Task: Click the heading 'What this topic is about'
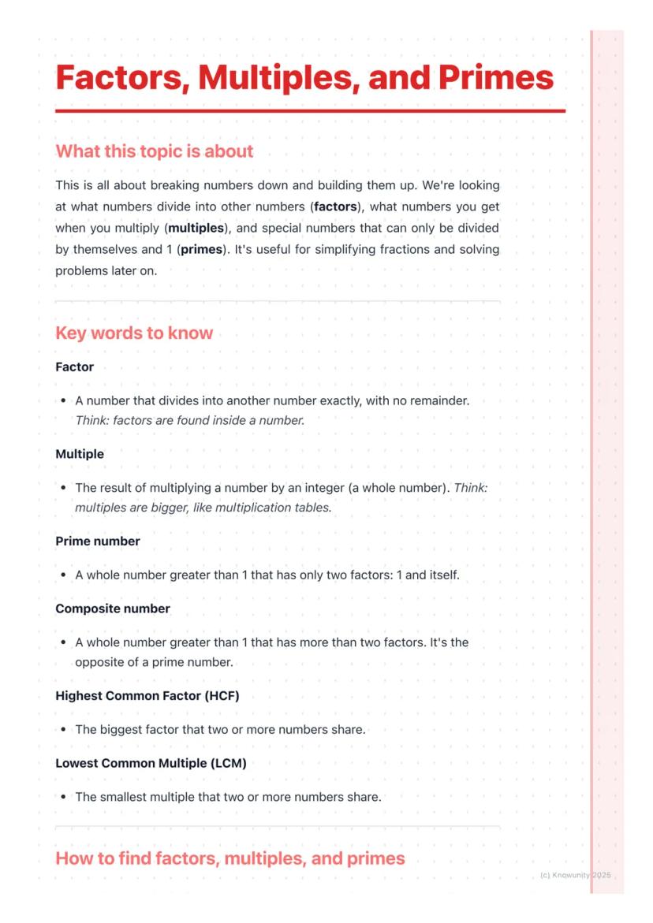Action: coord(154,151)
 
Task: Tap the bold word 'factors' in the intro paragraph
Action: coord(335,207)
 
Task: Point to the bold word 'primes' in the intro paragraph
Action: coord(201,249)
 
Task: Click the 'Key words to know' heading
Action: coord(134,333)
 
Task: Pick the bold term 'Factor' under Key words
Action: coord(74,367)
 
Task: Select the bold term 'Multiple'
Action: coord(79,454)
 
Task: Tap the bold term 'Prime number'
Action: coord(97,542)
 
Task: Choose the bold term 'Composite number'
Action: coord(112,609)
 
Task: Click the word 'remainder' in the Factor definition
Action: coord(438,400)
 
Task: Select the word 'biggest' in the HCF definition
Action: coord(121,730)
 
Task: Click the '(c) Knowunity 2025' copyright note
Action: coord(576,876)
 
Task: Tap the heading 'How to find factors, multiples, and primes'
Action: coord(229,858)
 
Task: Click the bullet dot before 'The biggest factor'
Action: coord(62,730)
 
